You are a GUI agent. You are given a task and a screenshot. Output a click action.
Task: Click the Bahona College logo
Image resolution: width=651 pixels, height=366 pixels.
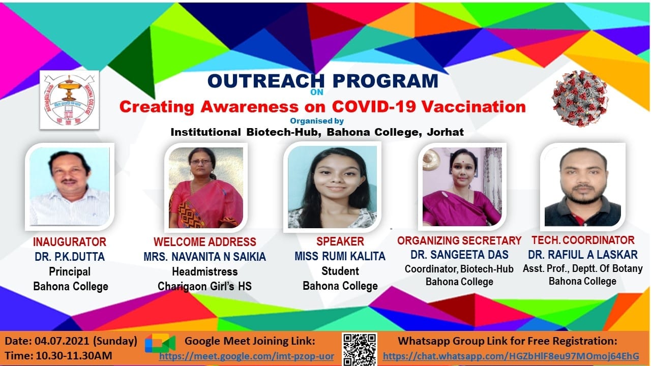tap(70, 100)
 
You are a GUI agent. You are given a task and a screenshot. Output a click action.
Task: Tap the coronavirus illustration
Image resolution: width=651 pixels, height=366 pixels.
tap(580, 98)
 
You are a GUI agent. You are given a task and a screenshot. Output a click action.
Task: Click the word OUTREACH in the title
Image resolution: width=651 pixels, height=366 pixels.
tap(266, 81)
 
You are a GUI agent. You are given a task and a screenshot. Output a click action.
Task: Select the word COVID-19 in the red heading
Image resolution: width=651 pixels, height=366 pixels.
tap(375, 106)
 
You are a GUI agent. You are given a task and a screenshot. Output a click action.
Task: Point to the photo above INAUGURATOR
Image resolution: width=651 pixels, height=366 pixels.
tap(70, 187)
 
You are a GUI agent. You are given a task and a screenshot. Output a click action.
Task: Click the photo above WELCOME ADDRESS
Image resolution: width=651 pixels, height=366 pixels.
tap(206, 188)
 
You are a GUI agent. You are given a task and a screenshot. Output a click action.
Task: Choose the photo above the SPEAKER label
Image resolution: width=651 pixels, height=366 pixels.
tap(332, 187)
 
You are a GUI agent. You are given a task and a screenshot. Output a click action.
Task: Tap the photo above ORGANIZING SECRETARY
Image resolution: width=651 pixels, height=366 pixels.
tap(462, 187)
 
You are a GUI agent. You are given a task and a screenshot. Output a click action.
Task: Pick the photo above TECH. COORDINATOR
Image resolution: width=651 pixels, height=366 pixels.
tap(583, 187)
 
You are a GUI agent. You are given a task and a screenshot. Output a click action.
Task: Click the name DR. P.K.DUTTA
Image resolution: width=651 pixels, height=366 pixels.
tap(70, 257)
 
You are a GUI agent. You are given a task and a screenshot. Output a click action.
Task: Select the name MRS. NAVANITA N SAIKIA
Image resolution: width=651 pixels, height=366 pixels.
tap(205, 257)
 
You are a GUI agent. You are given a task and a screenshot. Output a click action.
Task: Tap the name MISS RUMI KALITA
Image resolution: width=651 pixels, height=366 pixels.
tap(340, 256)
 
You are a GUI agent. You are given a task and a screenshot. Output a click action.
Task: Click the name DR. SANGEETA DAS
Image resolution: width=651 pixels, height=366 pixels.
tap(459, 255)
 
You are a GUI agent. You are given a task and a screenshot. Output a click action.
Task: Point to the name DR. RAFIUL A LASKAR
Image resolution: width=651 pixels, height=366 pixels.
tap(583, 255)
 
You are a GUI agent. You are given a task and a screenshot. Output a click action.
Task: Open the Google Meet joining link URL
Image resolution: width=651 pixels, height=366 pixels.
tap(247, 356)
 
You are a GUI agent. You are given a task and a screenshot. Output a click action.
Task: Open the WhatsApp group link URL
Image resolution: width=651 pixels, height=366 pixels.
tap(511, 356)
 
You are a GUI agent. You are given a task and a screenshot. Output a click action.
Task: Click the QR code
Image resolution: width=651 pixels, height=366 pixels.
tap(360, 349)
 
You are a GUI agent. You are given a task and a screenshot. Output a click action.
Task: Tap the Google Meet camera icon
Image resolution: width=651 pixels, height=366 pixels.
tap(160, 343)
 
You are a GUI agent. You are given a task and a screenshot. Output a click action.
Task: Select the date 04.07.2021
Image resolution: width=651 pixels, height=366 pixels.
tap(62, 341)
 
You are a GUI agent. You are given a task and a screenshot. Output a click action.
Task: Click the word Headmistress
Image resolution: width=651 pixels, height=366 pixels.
tap(205, 271)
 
